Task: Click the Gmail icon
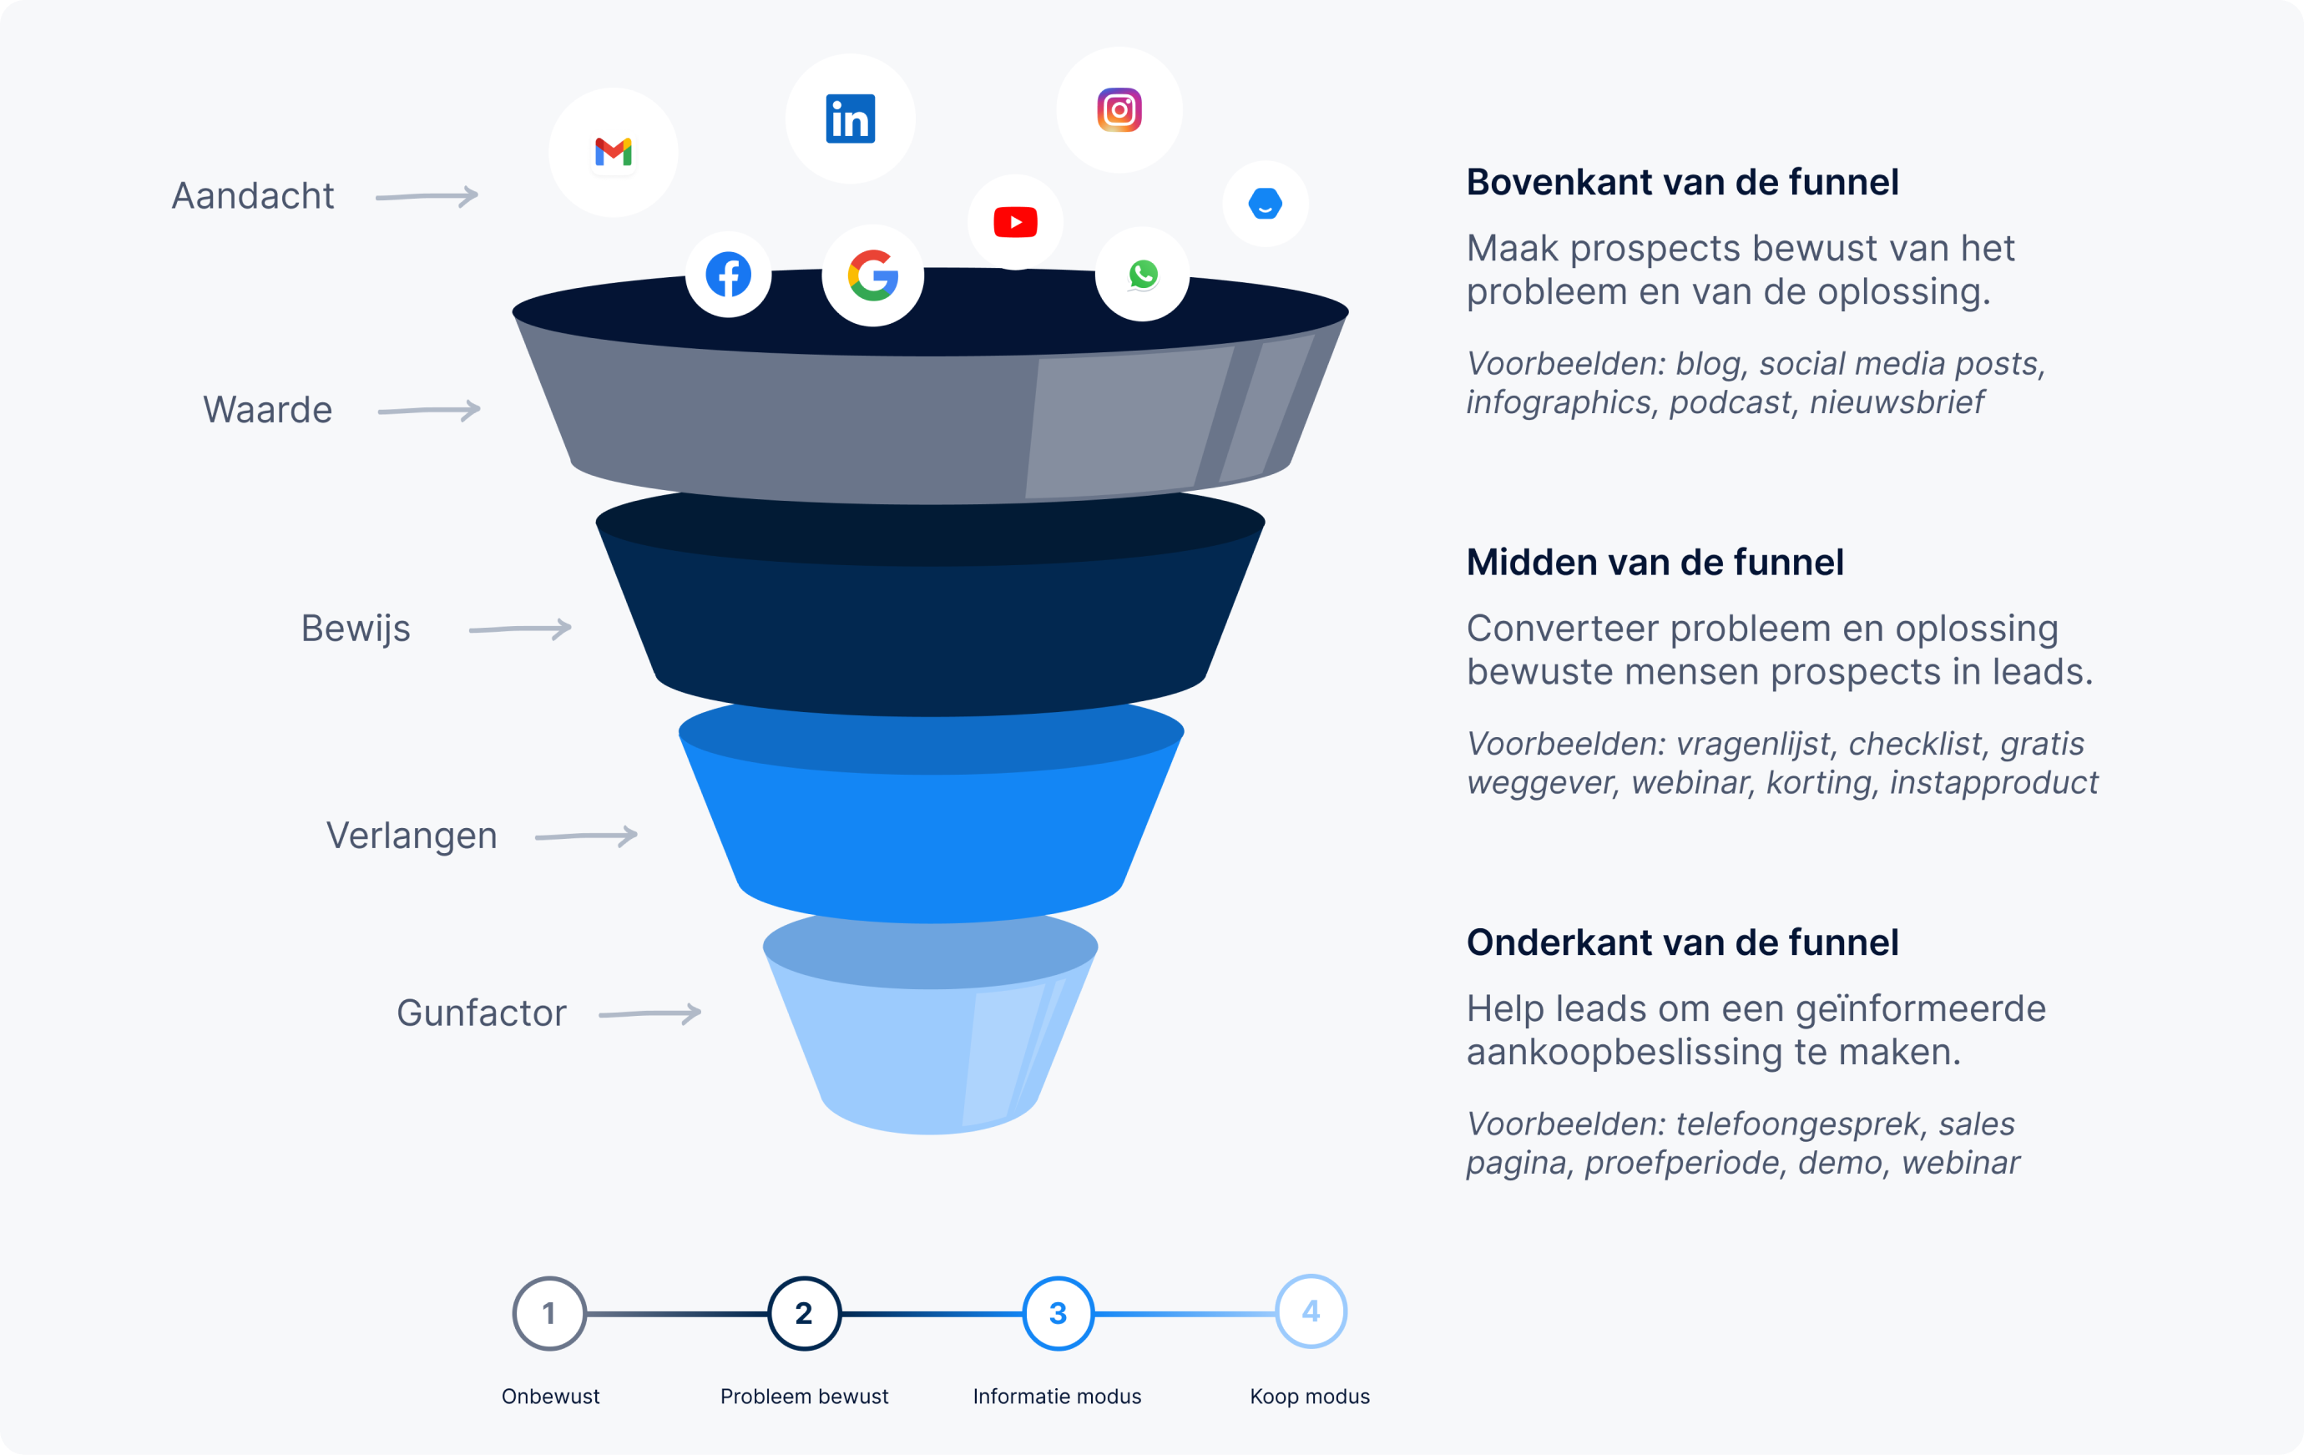(x=614, y=152)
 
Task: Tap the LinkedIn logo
(x=850, y=119)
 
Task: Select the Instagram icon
(x=1119, y=110)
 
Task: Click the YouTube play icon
(x=1015, y=222)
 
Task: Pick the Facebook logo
(x=728, y=275)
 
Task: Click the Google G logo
(x=872, y=275)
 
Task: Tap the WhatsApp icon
(x=1143, y=275)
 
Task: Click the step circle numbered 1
(x=549, y=1313)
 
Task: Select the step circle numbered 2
(x=804, y=1313)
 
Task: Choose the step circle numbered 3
(x=1058, y=1313)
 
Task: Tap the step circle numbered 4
(x=1311, y=1311)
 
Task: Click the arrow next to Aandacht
(x=427, y=196)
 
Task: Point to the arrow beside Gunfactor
(x=649, y=1013)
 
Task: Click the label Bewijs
(x=355, y=629)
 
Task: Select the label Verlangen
(x=412, y=835)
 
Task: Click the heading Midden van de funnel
(x=1655, y=563)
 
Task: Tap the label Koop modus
(x=1309, y=1397)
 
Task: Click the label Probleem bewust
(x=804, y=1397)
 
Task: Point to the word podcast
(x=1730, y=402)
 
